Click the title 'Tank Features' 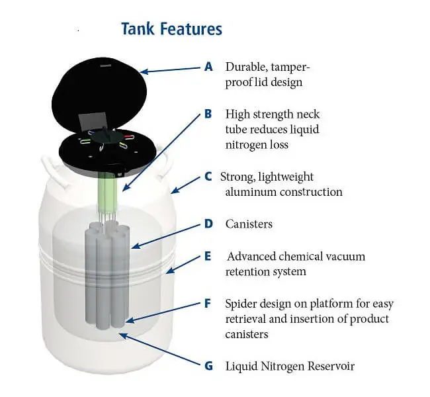(x=171, y=29)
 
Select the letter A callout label (x=209, y=67)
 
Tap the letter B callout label (x=208, y=114)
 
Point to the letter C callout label (x=208, y=177)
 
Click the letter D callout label (x=208, y=224)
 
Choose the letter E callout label (x=208, y=256)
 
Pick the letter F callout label (x=208, y=304)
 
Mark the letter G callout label (x=209, y=365)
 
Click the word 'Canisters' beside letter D (x=249, y=224)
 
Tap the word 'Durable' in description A (x=246, y=67)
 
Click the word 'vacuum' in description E (x=344, y=256)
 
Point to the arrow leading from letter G (x=162, y=351)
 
